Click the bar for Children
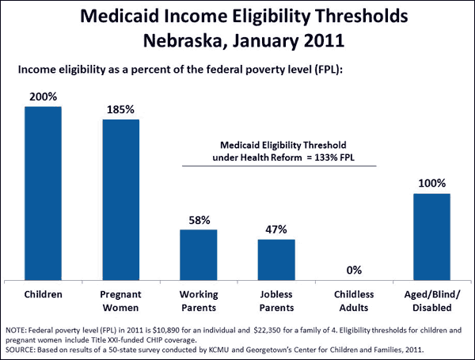coord(43,195)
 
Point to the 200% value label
coord(43,97)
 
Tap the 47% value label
coord(275,230)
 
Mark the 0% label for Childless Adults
coord(354,271)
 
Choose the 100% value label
coord(431,184)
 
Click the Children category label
coord(43,294)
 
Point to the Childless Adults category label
coord(353,300)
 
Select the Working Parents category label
coord(198,300)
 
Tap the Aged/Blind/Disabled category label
coord(431,300)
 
